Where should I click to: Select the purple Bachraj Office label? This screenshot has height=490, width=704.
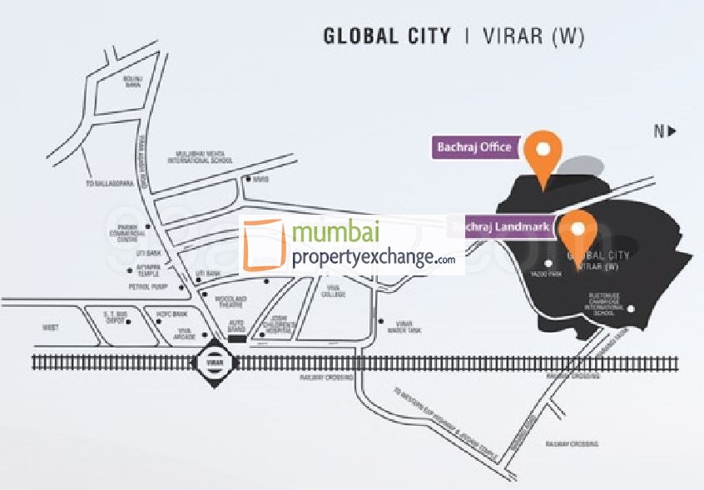[x=474, y=147]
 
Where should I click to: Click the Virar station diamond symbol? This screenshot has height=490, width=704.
[x=209, y=364]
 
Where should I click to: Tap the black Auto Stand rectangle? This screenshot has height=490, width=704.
[x=237, y=339]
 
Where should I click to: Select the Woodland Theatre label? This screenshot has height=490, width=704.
[x=231, y=300]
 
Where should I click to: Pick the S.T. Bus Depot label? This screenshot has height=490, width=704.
[x=114, y=315]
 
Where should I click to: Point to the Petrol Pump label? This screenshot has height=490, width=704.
[x=149, y=286]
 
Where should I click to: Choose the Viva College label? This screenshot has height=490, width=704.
[x=335, y=292]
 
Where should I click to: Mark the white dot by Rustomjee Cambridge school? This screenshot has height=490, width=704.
[x=630, y=310]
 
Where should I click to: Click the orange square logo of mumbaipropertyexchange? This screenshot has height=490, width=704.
[x=263, y=245]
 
